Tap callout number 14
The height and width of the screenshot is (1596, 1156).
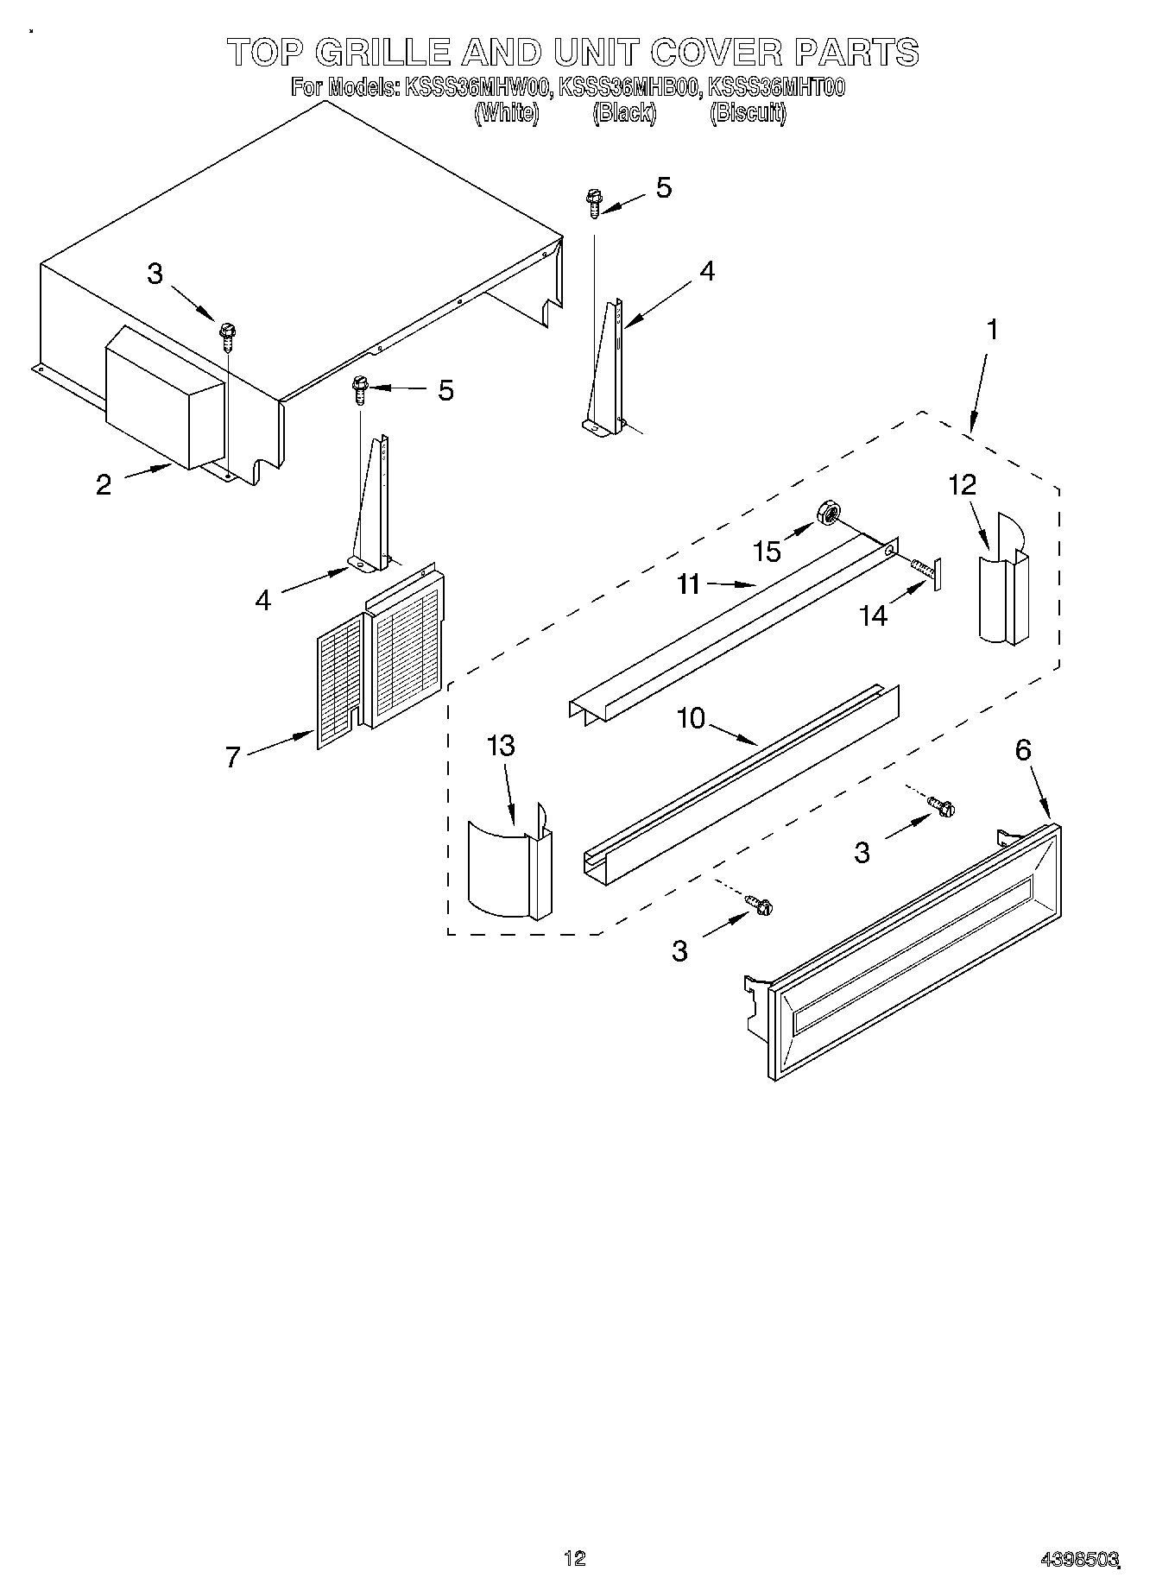[874, 616]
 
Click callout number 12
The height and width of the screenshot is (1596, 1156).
[962, 486]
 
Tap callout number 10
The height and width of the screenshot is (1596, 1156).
[692, 718]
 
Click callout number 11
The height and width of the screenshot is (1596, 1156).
[688, 584]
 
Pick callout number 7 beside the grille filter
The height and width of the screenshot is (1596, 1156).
[232, 758]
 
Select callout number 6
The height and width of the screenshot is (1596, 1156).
[1022, 750]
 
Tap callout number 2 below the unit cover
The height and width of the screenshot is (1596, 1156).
[104, 485]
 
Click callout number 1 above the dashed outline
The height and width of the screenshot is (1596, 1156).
[993, 330]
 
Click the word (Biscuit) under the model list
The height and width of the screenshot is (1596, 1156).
[748, 113]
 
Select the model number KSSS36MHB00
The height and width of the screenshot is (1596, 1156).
[628, 87]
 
